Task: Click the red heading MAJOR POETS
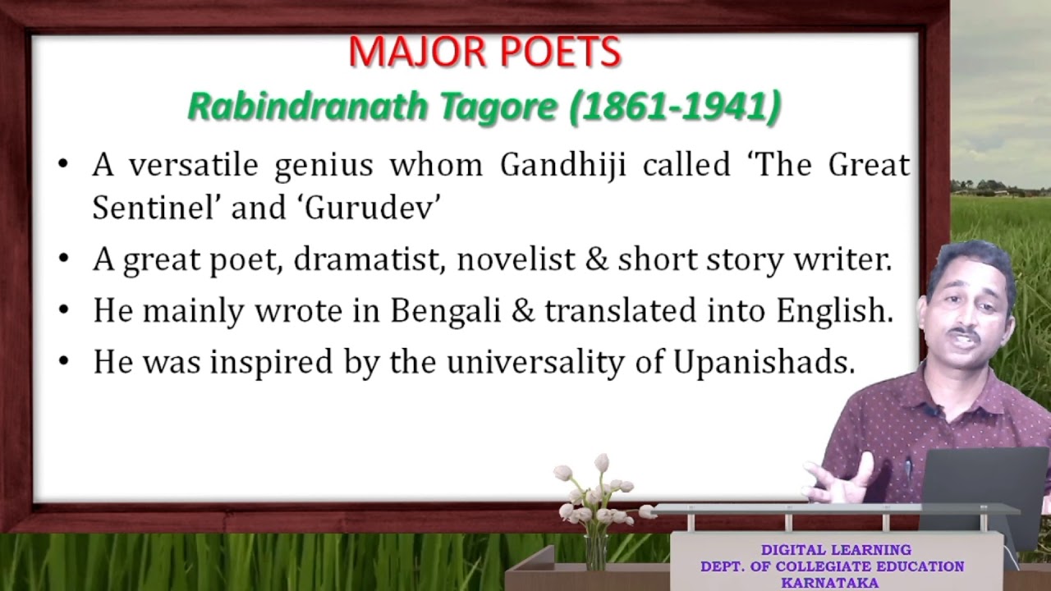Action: tap(484, 53)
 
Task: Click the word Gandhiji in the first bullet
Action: tap(562, 165)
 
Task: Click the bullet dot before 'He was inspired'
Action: tap(64, 363)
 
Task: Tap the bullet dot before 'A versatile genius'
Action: tap(64, 166)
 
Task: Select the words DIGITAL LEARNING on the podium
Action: tap(835, 550)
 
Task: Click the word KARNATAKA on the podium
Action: tap(829, 583)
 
